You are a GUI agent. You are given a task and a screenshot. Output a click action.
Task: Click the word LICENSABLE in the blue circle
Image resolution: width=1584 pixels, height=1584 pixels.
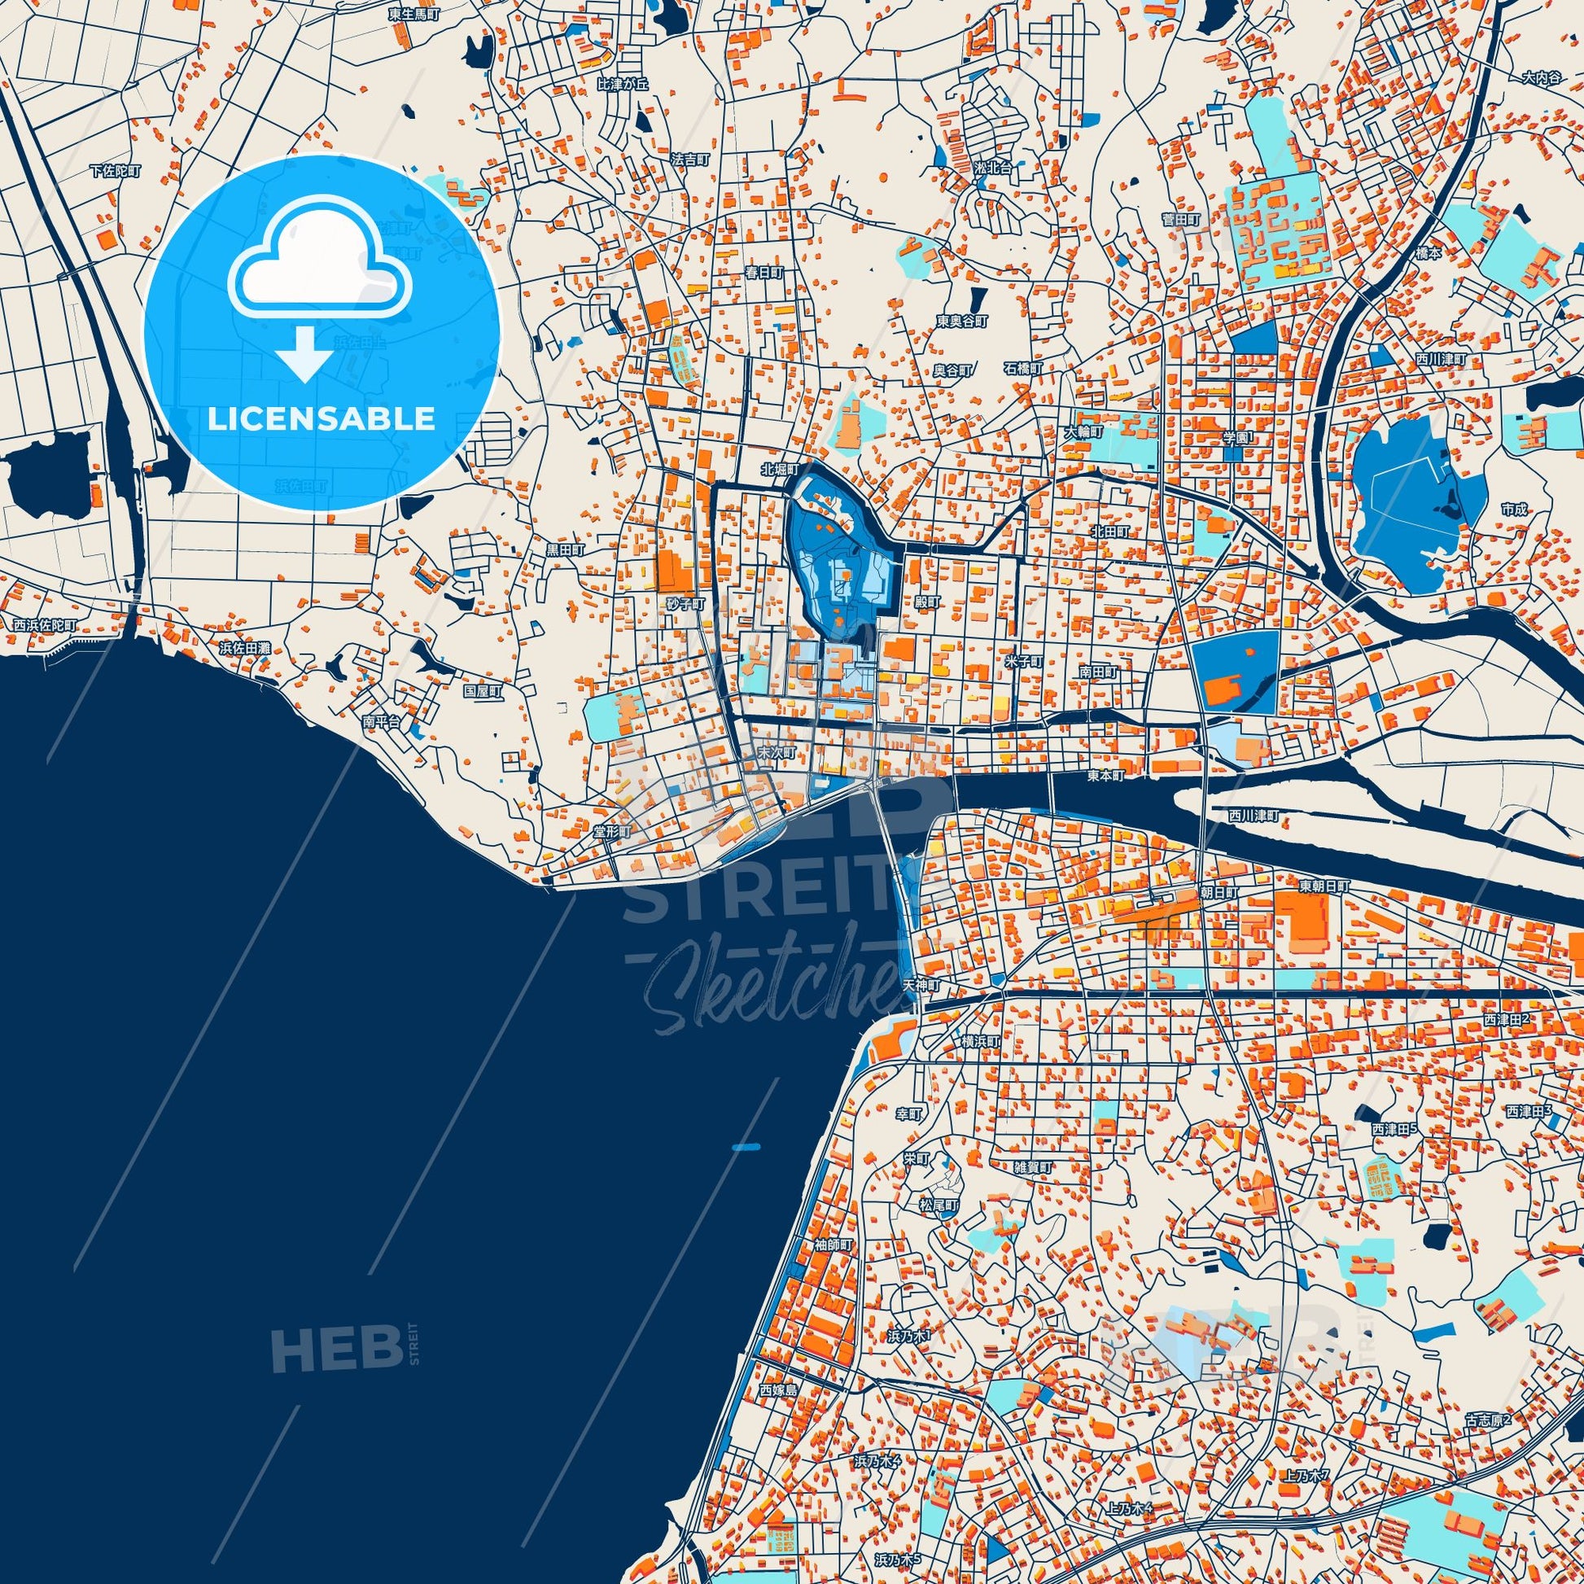[321, 419]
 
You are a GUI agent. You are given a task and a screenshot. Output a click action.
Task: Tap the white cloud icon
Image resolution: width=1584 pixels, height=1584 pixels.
[321, 274]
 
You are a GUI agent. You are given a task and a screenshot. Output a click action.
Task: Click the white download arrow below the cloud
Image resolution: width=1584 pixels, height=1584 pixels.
[304, 353]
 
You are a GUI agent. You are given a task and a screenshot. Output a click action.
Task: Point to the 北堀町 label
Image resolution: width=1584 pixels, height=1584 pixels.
[778, 470]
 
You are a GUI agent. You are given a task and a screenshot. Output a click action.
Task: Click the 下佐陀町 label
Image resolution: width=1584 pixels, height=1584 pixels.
[116, 172]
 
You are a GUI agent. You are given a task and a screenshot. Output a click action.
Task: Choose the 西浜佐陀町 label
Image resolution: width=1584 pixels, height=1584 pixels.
[43, 625]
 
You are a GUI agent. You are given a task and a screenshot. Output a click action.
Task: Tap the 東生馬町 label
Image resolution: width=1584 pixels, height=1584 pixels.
[415, 14]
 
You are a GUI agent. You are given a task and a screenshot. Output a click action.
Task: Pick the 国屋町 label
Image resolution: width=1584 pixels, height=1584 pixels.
[482, 691]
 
